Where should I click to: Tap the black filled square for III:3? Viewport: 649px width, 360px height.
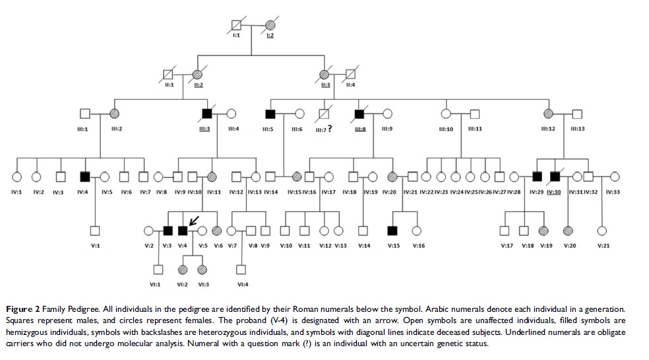tap(206, 113)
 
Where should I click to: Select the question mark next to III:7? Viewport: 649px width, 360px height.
tap(329, 129)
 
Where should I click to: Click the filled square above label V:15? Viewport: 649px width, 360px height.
tap(393, 230)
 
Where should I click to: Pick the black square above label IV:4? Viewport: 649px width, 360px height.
tap(84, 176)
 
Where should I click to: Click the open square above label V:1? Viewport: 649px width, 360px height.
tap(95, 230)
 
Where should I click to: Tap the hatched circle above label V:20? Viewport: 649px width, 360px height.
tap(570, 230)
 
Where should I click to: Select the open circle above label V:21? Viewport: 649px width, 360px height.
tap(602, 230)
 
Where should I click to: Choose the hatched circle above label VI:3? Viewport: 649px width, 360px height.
tap(202, 269)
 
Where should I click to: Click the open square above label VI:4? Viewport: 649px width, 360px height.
tap(241, 269)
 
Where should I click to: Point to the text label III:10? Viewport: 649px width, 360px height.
tap(446, 129)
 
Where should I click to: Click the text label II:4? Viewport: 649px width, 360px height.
tap(350, 84)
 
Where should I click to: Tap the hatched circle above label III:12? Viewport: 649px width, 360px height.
tap(547, 113)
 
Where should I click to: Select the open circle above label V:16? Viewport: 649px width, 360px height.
tap(417, 230)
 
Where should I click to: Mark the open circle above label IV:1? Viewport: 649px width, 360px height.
tap(17, 176)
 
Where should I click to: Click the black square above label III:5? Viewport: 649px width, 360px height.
tap(269, 113)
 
